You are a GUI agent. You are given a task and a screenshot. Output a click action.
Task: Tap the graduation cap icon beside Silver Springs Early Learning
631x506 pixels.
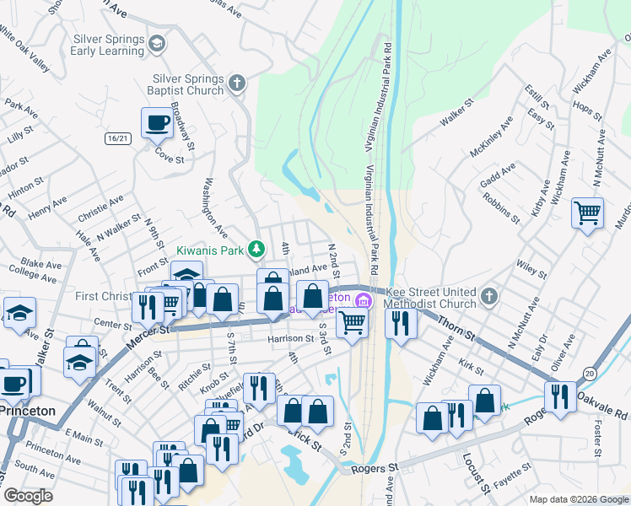pyautogui.click(x=156, y=42)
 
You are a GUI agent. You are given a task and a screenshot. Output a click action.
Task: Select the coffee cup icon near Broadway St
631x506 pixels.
pyautogui.click(x=157, y=124)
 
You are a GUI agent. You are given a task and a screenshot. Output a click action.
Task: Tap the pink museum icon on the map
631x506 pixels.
pyautogui.click(x=364, y=300)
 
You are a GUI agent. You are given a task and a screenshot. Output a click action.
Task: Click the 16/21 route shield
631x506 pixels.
pyautogui.click(x=119, y=138)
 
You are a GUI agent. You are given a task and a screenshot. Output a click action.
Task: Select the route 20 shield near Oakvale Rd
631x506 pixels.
pyautogui.click(x=588, y=372)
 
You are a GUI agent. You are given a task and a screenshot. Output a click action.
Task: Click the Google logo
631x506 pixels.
pyautogui.click(x=30, y=496)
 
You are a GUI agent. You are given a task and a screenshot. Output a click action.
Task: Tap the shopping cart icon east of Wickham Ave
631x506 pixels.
pyautogui.click(x=588, y=213)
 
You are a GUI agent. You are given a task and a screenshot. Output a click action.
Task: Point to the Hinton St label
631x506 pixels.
pyautogui.click(x=26, y=186)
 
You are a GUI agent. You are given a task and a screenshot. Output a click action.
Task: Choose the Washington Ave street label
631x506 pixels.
pyautogui.click(x=213, y=207)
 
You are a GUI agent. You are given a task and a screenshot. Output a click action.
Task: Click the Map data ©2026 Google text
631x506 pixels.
pyautogui.click(x=578, y=499)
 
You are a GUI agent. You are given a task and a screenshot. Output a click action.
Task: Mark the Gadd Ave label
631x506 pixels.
pyautogui.click(x=497, y=172)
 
